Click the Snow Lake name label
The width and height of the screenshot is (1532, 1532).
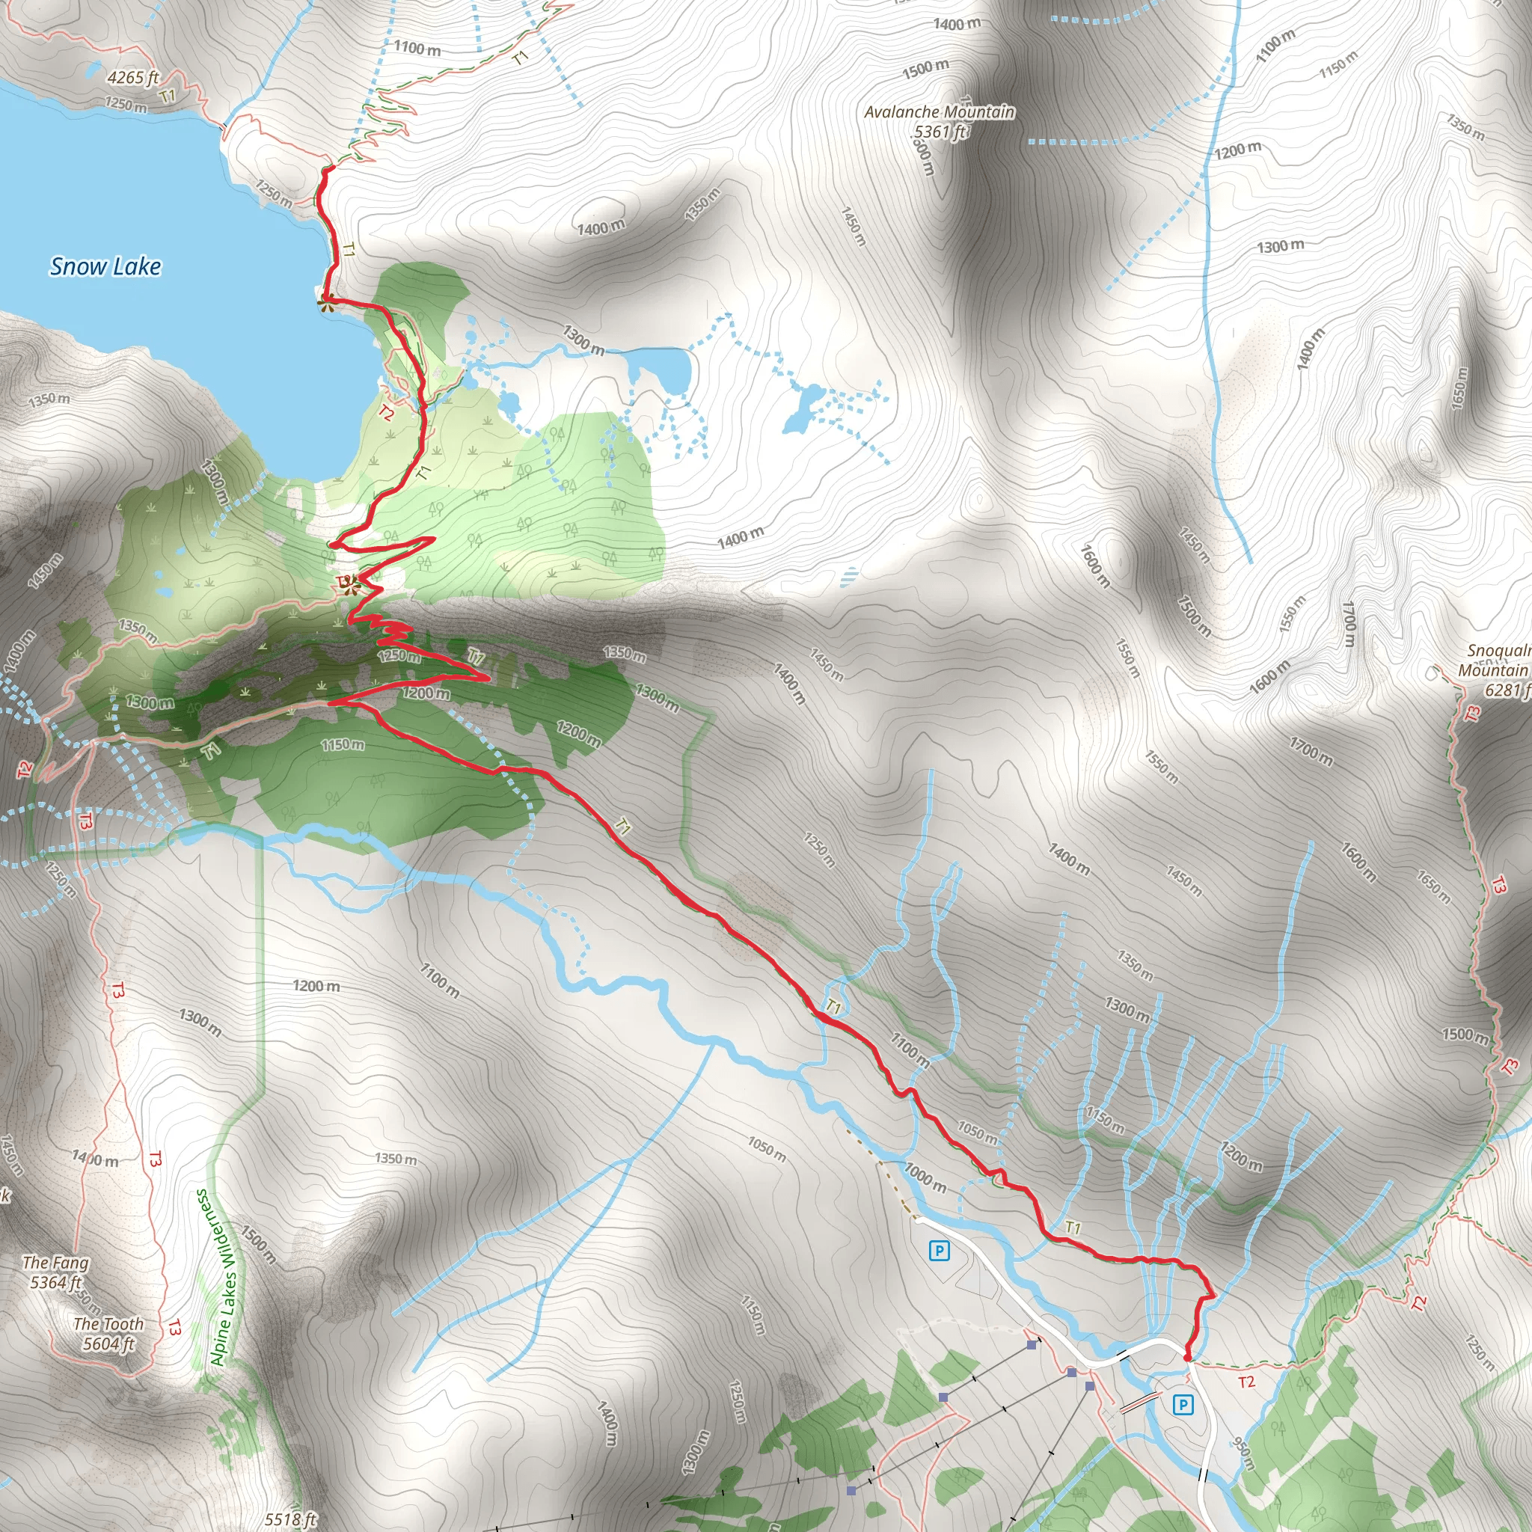point(105,266)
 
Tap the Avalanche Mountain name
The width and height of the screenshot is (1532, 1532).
point(939,111)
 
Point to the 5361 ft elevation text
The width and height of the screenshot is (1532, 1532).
point(940,132)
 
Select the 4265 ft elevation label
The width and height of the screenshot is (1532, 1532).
point(132,77)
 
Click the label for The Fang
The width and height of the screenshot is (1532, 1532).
point(55,1263)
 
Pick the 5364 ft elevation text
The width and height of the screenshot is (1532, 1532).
point(55,1282)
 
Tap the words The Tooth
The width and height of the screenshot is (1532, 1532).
point(108,1323)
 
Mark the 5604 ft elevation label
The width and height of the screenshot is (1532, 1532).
point(108,1343)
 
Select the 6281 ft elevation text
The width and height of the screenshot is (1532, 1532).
point(1507,690)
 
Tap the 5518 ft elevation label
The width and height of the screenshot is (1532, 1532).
point(289,1519)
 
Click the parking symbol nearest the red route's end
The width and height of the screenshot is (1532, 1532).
point(1183,1405)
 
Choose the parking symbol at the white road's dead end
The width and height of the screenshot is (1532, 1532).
point(939,1251)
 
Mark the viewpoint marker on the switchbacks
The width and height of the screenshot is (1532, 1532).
point(349,585)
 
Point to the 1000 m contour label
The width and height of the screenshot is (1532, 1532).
point(925,1177)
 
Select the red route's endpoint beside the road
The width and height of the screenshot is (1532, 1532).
point(1187,1358)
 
